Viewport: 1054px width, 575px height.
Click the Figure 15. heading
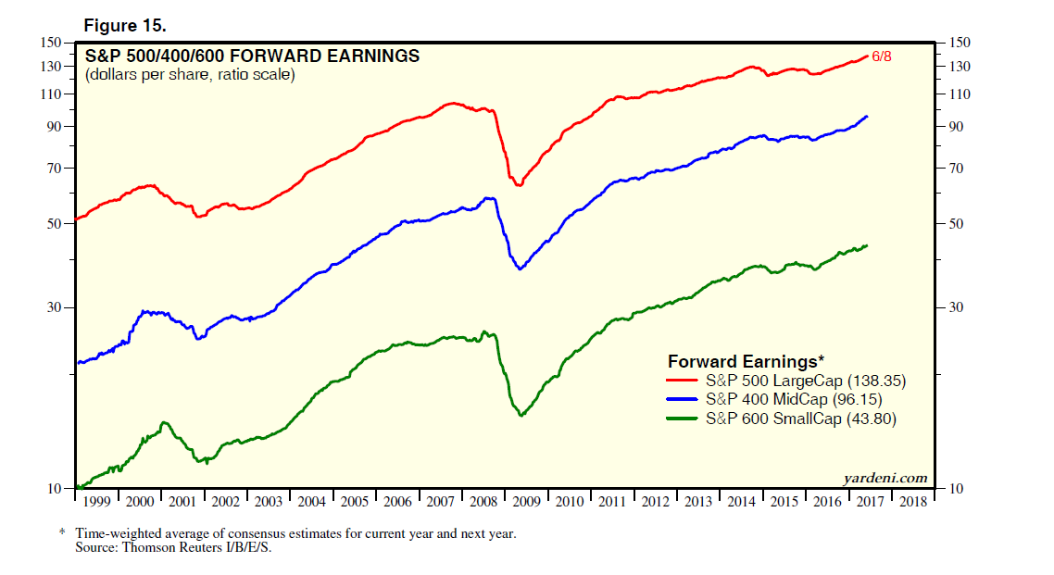pyautogui.click(x=126, y=25)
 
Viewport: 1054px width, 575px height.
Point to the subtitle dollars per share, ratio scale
pyautogui.click(x=190, y=75)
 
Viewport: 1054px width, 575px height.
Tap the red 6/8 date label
pyautogui.click(x=881, y=56)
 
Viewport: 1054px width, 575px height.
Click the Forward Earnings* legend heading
pyautogui.click(x=746, y=361)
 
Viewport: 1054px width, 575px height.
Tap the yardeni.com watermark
pyautogui.click(x=885, y=478)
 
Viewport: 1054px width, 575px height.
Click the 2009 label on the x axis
pyautogui.click(x=527, y=501)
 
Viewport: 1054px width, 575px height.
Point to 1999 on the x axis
pyautogui.click(x=96, y=501)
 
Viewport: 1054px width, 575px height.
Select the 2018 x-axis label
pyautogui.click(x=913, y=501)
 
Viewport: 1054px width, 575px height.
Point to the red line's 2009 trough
pyautogui.click(x=519, y=185)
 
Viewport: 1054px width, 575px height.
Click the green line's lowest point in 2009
pyautogui.click(x=521, y=416)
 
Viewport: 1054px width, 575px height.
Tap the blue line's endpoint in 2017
pyautogui.click(x=867, y=116)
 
